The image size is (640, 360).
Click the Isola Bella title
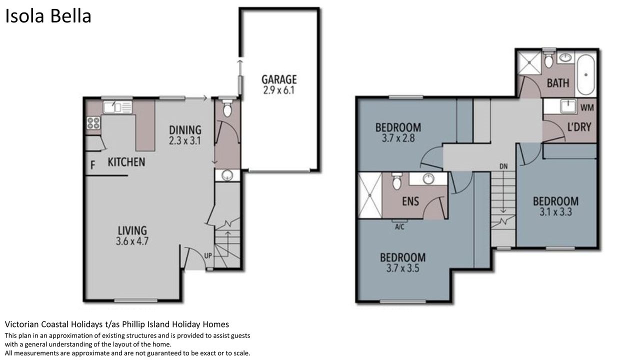48,16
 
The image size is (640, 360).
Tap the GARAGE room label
279,79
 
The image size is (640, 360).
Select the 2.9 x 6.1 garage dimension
278,90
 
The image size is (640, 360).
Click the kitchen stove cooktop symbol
93,123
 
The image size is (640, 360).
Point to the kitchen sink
117,107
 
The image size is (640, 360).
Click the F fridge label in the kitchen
92,165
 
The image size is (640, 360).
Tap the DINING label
185,130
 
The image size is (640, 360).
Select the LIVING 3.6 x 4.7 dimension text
132,241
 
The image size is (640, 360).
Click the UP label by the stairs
208,255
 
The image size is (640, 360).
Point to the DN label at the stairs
503,166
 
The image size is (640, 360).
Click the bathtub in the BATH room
585,75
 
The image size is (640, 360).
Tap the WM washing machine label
587,107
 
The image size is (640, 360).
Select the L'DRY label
579,127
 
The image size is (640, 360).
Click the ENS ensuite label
410,201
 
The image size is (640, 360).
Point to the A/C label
399,227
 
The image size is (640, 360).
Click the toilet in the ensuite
397,181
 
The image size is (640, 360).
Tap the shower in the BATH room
529,63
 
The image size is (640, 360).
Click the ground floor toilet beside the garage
227,108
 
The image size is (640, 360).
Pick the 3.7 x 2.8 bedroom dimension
398,138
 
